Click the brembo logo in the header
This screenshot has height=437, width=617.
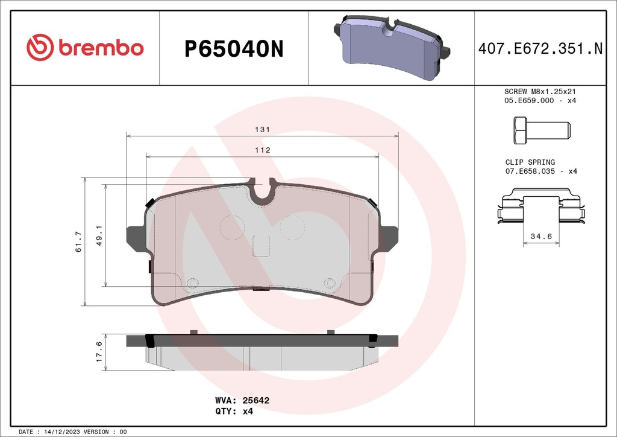pyautogui.click(x=85, y=48)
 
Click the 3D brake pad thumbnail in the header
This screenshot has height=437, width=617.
pyautogui.click(x=392, y=48)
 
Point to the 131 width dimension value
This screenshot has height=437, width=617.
pyautogui.click(x=262, y=130)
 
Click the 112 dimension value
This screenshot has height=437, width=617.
pyautogui.click(x=262, y=150)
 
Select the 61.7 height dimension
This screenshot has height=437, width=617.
pyautogui.click(x=78, y=241)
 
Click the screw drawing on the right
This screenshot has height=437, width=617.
pyautogui.click(x=540, y=130)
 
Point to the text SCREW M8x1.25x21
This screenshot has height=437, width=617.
pyautogui.click(x=540, y=91)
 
